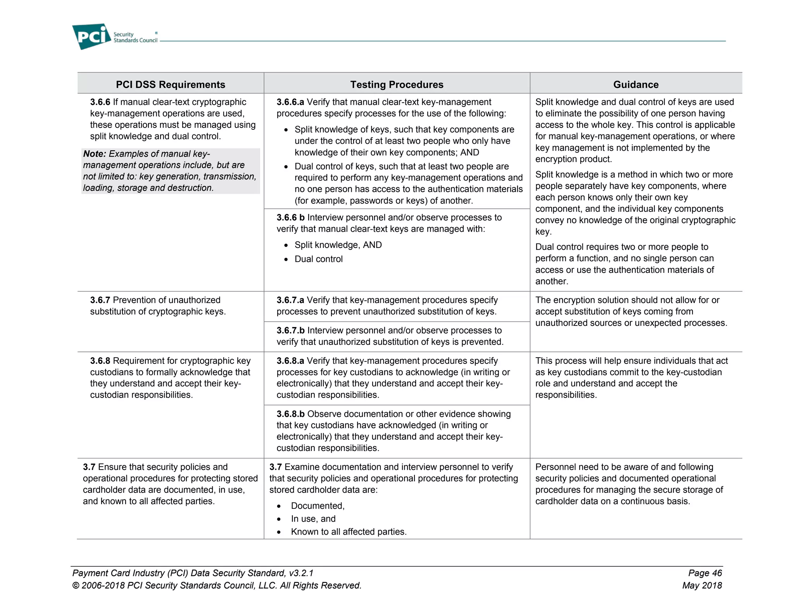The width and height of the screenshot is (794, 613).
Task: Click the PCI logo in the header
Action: pos(91,36)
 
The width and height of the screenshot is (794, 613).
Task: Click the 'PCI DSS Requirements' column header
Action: pos(171,84)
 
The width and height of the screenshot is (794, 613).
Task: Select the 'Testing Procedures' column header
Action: pos(397,84)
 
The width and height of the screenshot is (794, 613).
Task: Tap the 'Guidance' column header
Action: pos(636,84)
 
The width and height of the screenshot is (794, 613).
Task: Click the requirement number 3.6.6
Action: pos(100,102)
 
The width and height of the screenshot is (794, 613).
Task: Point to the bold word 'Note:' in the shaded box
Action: pos(94,154)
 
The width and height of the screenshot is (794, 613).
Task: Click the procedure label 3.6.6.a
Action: pos(290,102)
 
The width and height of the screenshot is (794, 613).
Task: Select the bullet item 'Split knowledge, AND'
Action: pos(338,245)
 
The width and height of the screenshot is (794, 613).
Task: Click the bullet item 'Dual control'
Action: pos(319,259)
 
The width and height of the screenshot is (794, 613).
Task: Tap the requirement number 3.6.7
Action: pos(100,300)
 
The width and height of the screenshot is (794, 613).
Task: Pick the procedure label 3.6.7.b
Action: pos(290,331)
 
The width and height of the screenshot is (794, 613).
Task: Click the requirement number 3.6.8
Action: pos(100,361)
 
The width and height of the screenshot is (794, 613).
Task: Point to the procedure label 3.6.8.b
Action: pos(290,414)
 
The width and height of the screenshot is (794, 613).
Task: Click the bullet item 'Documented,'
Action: pos(318,506)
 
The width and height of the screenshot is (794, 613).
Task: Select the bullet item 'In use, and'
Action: pos(313,519)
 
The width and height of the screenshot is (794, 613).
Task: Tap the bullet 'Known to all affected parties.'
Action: pos(349,532)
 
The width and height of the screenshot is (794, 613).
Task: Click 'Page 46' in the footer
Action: pos(705,573)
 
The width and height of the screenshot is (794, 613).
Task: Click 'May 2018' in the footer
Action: pos(702,585)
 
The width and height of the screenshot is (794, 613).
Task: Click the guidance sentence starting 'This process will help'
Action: pos(631,378)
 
